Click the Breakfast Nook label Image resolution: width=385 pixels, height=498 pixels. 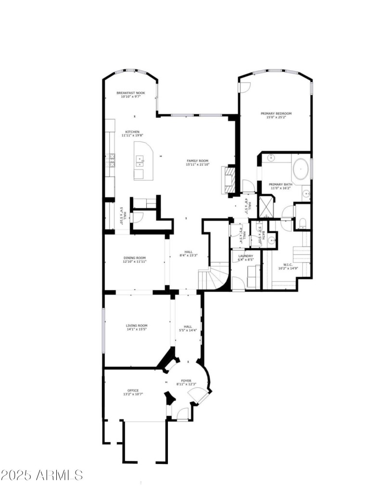point(130,93)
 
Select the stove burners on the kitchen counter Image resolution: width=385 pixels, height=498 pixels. point(113,160)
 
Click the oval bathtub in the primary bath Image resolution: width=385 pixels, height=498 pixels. point(301,169)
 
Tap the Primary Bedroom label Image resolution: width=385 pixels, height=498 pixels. point(276,114)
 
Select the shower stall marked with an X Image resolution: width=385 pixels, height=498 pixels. point(266,206)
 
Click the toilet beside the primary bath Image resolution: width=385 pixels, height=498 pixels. point(301,223)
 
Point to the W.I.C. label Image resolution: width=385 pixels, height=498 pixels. point(288,264)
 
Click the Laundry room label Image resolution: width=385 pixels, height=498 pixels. point(245,256)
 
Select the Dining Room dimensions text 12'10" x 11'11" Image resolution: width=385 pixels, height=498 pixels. point(135,262)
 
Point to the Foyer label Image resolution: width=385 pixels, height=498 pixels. point(186,381)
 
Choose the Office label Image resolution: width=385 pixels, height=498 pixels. point(133,390)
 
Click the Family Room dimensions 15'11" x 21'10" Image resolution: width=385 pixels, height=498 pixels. point(197,165)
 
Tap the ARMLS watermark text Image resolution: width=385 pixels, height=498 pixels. point(42,475)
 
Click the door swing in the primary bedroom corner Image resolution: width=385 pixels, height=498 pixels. point(244,87)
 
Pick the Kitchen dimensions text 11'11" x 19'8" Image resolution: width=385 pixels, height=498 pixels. point(132,136)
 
